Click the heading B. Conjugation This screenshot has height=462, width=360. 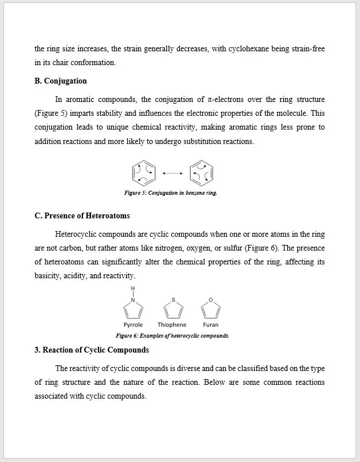60,81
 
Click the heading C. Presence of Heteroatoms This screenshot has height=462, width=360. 82,215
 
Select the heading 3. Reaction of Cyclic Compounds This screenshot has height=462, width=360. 92,350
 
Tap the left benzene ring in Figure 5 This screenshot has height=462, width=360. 144,172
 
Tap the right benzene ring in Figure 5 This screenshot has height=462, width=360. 202,172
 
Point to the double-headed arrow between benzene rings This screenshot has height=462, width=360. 173,173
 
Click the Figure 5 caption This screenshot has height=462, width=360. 170,193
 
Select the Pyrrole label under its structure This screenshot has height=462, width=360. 133,325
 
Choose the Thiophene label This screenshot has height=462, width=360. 172,325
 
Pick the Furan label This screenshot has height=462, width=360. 210,325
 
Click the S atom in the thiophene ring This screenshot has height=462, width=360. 172,300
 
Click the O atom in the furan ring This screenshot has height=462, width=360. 211,300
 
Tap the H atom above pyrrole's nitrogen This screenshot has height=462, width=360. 133,289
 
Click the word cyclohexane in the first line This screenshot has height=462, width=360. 261,49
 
